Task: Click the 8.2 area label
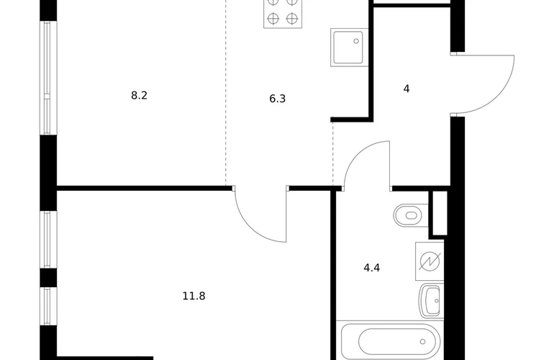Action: [139, 96]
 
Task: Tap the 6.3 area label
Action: [277, 99]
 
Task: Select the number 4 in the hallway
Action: [407, 89]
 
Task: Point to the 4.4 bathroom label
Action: [372, 268]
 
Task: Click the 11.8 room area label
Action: [194, 296]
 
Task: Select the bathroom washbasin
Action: [431, 301]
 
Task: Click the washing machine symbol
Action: [430, 261]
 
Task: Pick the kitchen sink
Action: [350, 48]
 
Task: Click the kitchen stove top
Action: [283, 14]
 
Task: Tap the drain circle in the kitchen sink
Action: [356, 41]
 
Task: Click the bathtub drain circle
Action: [422, 341]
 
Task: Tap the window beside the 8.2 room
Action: [48, 78]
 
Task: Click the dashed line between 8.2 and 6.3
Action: [226, 93]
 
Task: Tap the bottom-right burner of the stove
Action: [292, 18]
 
